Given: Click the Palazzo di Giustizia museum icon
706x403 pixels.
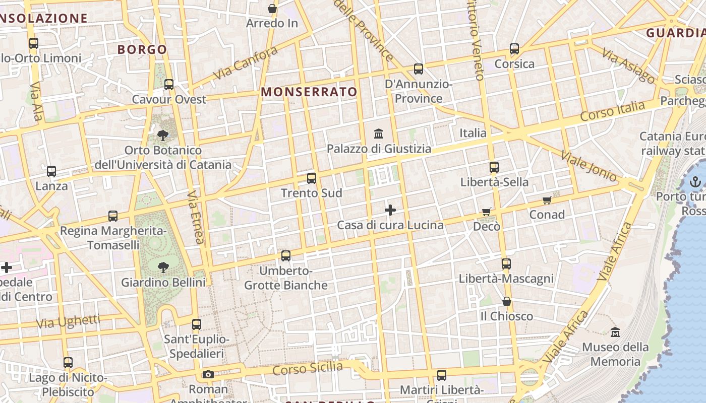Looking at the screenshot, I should pos(379,134).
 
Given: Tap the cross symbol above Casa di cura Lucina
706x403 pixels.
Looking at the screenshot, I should pos(390,210).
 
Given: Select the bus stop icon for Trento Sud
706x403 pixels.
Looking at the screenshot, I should pos(312,178).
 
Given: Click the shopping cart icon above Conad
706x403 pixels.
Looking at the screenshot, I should pos(547,200).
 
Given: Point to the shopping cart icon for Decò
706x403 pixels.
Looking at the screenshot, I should pos(486,212).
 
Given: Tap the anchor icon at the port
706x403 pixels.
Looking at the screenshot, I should pos(695,182).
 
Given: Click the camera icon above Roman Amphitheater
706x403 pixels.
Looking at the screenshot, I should pos(208,375).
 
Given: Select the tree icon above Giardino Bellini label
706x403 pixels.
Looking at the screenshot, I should pos(163,267).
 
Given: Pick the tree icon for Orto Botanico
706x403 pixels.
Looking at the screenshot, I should pos(162,135).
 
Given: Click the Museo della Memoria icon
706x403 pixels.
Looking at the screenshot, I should pos(615,332).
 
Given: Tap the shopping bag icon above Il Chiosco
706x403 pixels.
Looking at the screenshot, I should pos(507,302).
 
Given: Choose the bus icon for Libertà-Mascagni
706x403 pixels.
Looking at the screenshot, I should pos(506,264).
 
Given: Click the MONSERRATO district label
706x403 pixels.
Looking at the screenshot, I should pos(309,92).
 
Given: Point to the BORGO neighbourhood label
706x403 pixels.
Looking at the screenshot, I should pos(142,49).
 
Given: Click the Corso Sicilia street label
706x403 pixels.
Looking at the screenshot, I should pos(308,369).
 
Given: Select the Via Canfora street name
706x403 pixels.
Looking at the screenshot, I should pos(245,63).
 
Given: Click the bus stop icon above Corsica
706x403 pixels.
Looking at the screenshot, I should pos(514,49).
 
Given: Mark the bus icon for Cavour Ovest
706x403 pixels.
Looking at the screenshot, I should pos(169,85).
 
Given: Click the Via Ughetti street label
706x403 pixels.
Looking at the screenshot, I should pos(69,321).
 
